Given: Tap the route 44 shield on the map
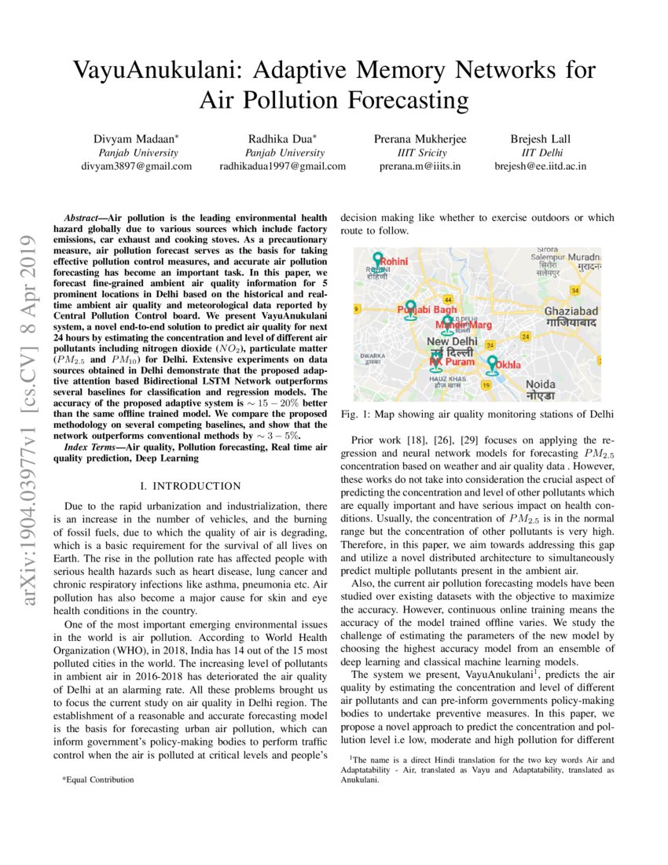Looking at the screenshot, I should (x=447, y=300).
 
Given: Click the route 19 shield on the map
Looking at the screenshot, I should (x=486, y=385).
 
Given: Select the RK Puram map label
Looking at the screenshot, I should (x=452, y=362).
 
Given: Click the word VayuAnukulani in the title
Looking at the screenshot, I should (x=160, y=71).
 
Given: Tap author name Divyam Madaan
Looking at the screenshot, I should (x=137, y=138).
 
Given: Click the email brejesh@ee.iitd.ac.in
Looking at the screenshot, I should (x=540, y=166).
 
